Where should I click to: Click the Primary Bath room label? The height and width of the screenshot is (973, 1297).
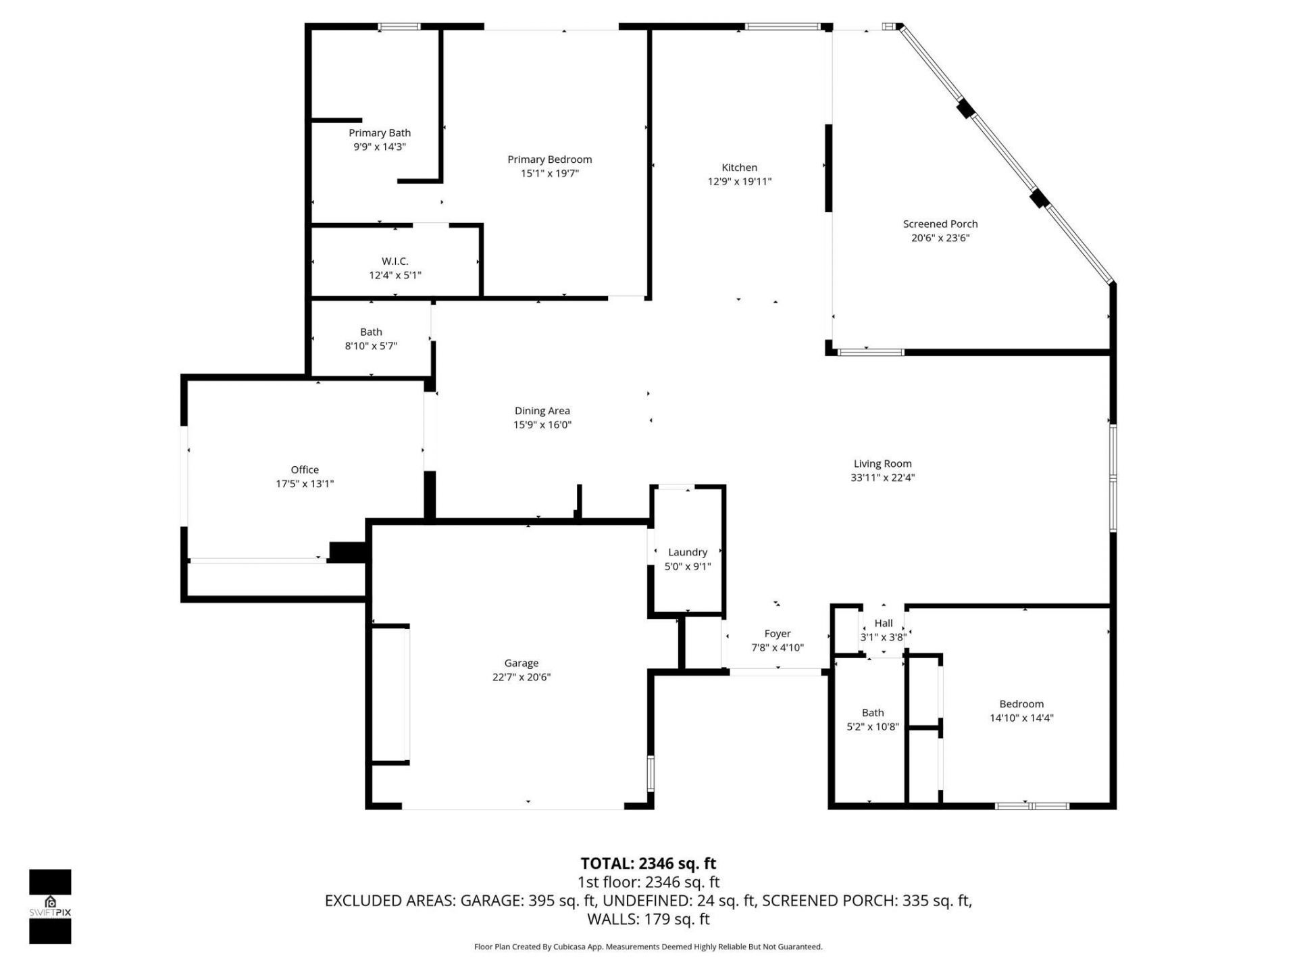coord(379,133)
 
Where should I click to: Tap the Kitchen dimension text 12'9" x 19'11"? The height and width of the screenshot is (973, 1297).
coord(739,181)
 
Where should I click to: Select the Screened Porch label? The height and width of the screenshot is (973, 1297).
coord(940,224)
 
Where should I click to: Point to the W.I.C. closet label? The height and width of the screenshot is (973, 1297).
coord(395,261)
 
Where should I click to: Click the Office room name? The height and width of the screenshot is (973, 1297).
coord(304,470)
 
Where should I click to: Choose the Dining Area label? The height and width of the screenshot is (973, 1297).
coord(542,411)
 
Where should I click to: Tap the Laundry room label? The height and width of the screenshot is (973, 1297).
coord(687,553)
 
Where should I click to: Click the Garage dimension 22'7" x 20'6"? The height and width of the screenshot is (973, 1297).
coord(521,677)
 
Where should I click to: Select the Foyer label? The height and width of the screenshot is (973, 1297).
coord(777,634)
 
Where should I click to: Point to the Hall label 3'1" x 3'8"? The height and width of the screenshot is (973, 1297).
coord(883,630)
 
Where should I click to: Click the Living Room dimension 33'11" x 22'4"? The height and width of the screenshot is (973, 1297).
coord(882,478)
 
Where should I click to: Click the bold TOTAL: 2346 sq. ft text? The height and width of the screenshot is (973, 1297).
coord(648,864)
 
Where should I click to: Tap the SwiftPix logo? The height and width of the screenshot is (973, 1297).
coord(50,905)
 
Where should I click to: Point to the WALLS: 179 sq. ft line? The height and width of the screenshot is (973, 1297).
coord(648,919)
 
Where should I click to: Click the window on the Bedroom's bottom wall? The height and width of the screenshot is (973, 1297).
coord(1032,805)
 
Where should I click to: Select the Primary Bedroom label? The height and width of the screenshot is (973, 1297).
coord(549,159)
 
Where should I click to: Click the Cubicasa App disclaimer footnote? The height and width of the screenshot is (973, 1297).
coord(648,947)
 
